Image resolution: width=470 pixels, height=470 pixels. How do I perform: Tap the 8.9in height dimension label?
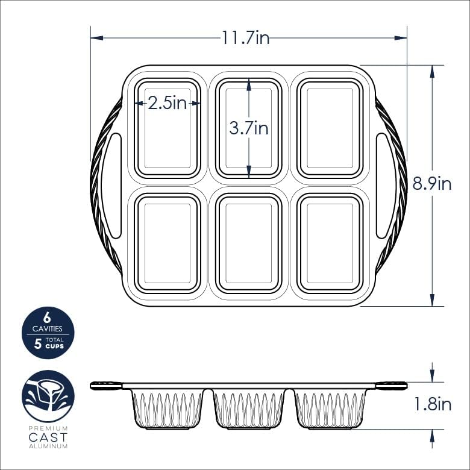pyautogui.click(x=432, y=184)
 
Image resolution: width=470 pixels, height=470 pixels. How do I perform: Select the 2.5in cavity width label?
pyautogui.click(x=167, y=104)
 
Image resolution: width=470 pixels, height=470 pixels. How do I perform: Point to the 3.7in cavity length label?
pyautogui.click(x=249, y=128)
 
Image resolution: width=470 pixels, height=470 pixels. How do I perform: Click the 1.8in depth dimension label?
pyautogui.click(x=432, y=404)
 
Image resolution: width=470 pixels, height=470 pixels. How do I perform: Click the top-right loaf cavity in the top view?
pyautogui.click(x=330, y=128)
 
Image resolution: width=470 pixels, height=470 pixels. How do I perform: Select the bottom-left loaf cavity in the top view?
pyautogui.click(x=167, y=243)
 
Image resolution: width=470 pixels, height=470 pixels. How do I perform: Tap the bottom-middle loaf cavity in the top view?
pyautogui.click(x=249, y=243)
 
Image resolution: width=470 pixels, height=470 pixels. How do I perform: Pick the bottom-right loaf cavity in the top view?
pyautogui.click(x=330, y=243)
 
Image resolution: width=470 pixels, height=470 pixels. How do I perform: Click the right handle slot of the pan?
pyautogui.click(x=383, y=186)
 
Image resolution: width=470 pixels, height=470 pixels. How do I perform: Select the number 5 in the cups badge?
pyautogui.click(x=38, y=345)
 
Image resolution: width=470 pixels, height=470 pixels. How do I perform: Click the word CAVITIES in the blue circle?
pyautogui.click(x=48, y=329)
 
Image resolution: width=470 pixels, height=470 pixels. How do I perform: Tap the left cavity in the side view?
pyautogui.click(x=167, y=409)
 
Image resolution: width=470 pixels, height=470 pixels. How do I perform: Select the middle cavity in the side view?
pyautogui.click(x=249, y=409)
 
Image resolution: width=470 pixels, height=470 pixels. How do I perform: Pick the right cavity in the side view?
pyautogui.click(x=330, y=409)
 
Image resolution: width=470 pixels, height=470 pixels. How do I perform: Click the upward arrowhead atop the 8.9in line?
pyautogui.click(x=432, y=70)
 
